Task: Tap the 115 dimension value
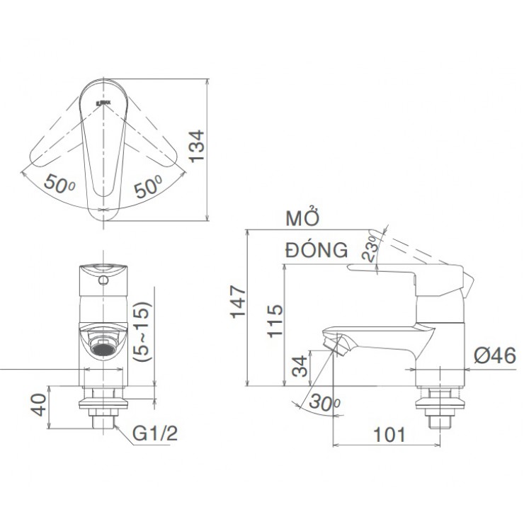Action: point(275,319)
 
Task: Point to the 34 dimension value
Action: point(301,367)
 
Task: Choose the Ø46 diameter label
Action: point(495,356)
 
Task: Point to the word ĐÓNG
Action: point(317,249)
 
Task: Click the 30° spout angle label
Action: point(321,405)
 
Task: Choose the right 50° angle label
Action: point(148,186)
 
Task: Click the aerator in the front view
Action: point(105,348)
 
